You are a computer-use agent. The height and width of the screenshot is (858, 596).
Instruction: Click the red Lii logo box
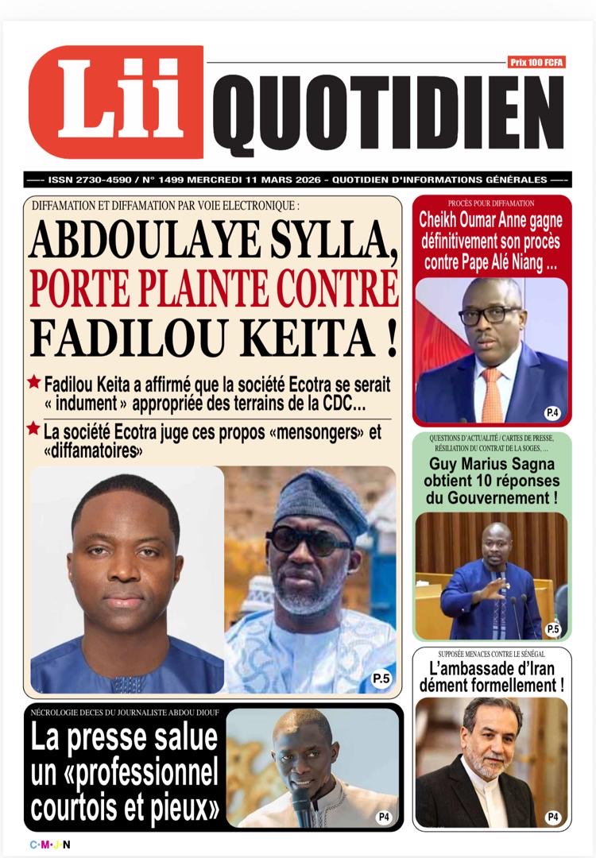[116, 102]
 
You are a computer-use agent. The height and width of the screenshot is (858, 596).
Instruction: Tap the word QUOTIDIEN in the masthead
[388, 116]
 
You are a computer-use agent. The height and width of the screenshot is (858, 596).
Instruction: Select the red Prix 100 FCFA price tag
[536, 62]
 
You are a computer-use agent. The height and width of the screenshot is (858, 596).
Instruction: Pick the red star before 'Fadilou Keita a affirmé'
[33, 382]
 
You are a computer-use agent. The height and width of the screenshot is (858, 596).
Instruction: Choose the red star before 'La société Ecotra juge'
[33, 429]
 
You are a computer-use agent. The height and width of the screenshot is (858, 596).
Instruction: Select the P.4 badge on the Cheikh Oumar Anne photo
[551, 412]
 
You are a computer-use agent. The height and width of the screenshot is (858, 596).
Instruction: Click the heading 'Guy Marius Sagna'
[493, 465]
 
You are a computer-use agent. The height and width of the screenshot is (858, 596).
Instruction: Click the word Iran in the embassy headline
[537, 668]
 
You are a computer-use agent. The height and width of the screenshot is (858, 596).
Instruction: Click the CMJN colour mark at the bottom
[49, 844]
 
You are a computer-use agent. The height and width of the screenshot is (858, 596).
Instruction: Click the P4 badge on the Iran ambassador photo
[551, 817]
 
